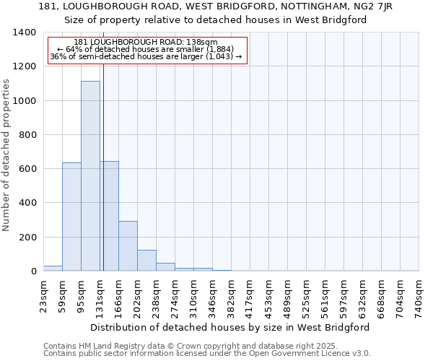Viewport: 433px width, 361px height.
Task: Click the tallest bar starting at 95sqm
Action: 90,176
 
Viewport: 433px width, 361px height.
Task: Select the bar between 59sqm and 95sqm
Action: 71,217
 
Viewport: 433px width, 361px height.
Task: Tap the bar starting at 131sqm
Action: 109,216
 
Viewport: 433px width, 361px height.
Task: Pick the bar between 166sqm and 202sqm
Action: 128,246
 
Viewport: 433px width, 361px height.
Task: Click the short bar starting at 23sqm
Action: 53,269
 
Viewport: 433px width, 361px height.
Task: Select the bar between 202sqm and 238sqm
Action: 146,261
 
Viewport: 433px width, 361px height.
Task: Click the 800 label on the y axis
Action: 27,135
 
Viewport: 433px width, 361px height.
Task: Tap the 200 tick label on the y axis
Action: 27,238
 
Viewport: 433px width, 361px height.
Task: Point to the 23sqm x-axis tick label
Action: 44,295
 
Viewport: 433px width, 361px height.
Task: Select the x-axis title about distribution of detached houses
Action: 231,327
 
